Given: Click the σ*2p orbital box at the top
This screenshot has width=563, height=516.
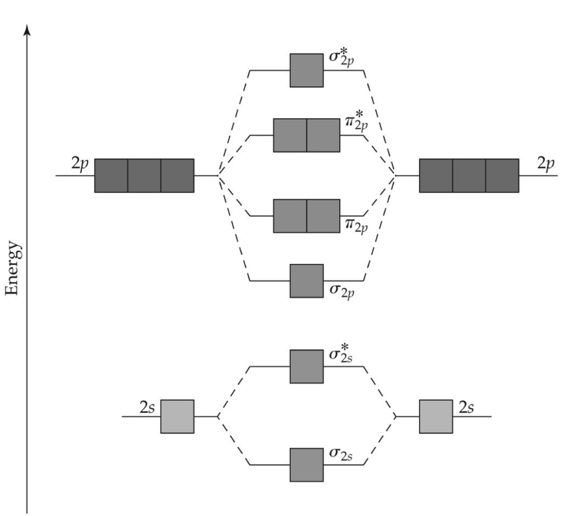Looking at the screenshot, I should (x=306, y=70).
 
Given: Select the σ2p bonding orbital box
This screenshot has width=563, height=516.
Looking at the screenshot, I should (x=306, y=281).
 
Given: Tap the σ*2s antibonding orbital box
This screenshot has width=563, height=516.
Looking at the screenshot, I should (x=306, y=366).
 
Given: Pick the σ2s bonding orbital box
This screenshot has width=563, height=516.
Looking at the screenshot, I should (x=306, y=465).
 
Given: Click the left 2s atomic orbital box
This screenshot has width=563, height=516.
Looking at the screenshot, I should (x=177, y=416).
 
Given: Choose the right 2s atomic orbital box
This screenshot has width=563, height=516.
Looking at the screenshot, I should (x=435, y=416).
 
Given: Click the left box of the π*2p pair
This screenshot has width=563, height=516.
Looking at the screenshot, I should (x=290, y=135).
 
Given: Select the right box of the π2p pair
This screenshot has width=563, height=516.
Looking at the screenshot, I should (x=323, y=216).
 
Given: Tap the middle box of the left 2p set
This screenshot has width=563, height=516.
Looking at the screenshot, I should (x=144, y=175).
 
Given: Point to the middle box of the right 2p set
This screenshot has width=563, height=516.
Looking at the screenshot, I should (x=468, y=175).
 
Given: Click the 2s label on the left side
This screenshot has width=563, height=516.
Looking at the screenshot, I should (x=148, y=408).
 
